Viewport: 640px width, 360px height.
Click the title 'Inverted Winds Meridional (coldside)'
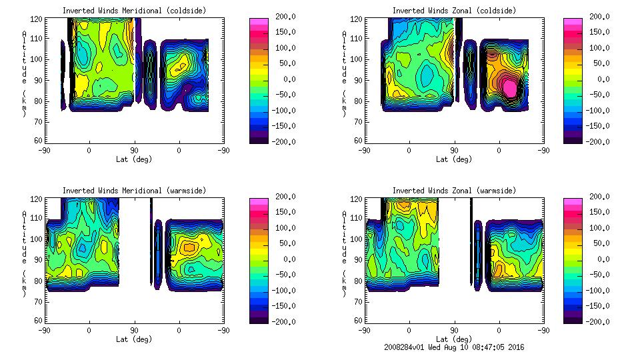pyautogui.click(x=135, y=11)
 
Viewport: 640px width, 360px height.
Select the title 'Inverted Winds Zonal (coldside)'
pyautogui.click(x=454, y=11)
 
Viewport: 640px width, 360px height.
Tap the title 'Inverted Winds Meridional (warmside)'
pyautogui.click(x=135, y=191)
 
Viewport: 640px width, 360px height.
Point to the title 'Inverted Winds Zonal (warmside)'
pyautogui.click(x=454, y=191)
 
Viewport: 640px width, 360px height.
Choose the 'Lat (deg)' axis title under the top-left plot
pyautogui.click(x=135, y=159)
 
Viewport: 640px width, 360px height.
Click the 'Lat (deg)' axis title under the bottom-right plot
pyautogui.click(x=454, y=339)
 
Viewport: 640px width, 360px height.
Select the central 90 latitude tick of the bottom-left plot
pyautogui.click(x=134, y=330)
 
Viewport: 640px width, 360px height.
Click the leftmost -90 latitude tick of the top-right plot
pyautogui.click(x=364, y=150)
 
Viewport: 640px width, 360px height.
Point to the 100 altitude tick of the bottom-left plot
pyautogui.click(x=37, y=239)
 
